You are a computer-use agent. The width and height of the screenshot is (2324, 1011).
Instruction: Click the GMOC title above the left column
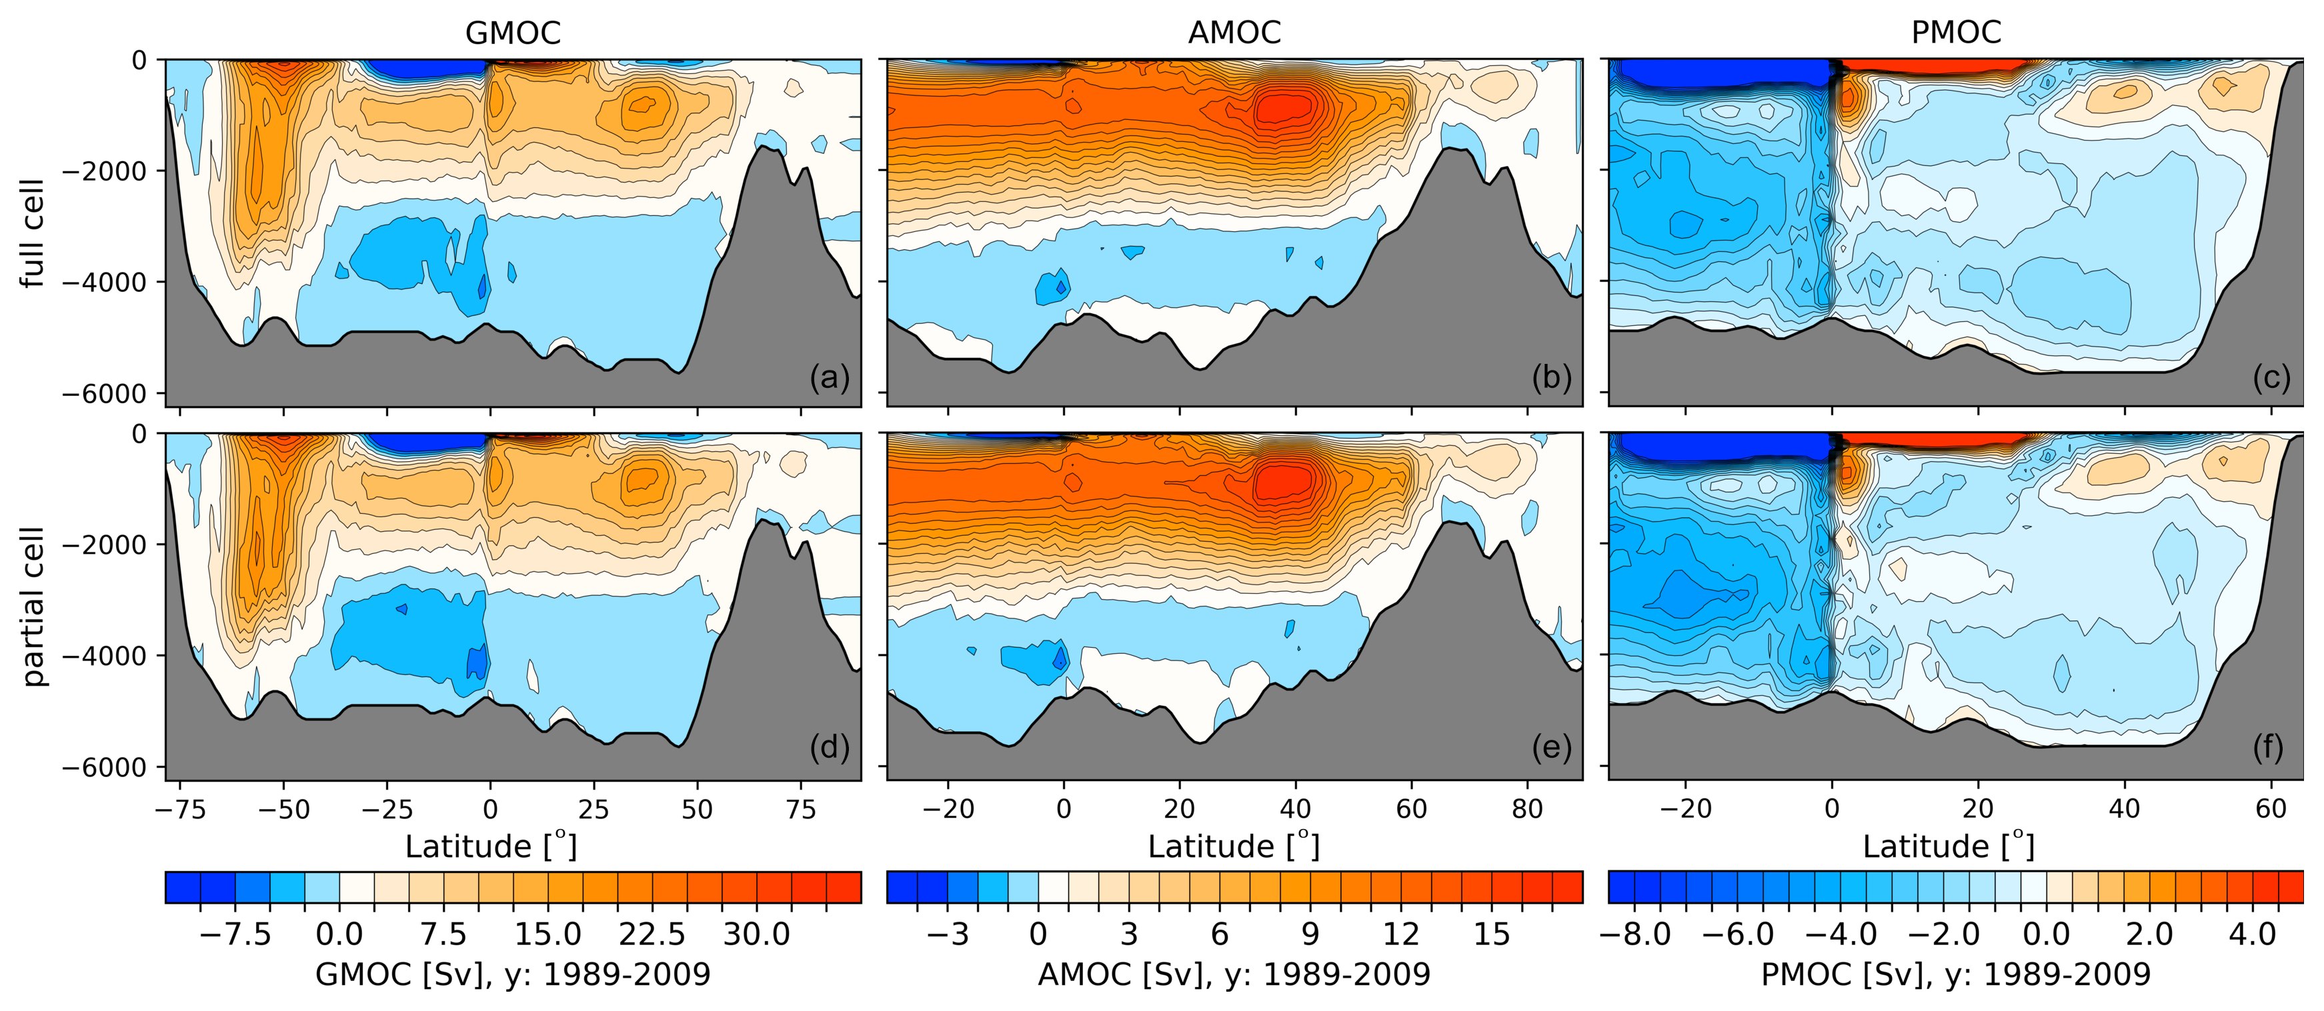pyautogui.click(x=512, y=33)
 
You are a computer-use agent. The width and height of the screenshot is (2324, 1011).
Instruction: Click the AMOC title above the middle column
pyautogui.click(x=1234, y=33)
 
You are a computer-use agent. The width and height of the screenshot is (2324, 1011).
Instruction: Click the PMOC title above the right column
pyautogui.click(x=1956, y=33)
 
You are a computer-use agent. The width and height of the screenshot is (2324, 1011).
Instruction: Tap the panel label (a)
pyautogui.click(x=829, y=377)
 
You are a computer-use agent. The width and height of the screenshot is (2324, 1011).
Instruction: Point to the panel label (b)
pyautogui.click(x=1551, y=377)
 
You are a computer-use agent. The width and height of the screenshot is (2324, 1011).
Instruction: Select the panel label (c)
pyautogui.click(x=2271, y=377)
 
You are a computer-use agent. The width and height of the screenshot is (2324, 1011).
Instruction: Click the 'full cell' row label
pyautogui.click(x=33, y=233)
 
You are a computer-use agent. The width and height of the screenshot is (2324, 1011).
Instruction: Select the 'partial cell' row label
pyautogui.click(x=33, y=605)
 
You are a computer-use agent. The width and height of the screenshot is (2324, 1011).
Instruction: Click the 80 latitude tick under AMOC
pyautogui.click(x=1527, y=809)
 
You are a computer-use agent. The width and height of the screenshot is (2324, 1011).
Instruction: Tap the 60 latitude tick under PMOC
pyautogui.click(x=2271, y=809)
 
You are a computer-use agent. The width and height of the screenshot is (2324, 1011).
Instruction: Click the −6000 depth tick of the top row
pyautogui.click(x=104, y=394)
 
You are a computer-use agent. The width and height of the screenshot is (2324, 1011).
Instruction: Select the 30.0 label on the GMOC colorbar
pyautogui.click(x=756, y=934)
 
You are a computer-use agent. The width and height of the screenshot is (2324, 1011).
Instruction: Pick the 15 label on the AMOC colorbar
pyautogui.click(x=1491, y=934)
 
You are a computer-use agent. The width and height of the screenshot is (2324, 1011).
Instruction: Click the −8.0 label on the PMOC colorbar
pyautogui.click(x=1634, y=934)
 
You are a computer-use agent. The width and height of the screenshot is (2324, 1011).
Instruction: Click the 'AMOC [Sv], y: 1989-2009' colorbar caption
pyautogui.click(x=1234, y=975)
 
